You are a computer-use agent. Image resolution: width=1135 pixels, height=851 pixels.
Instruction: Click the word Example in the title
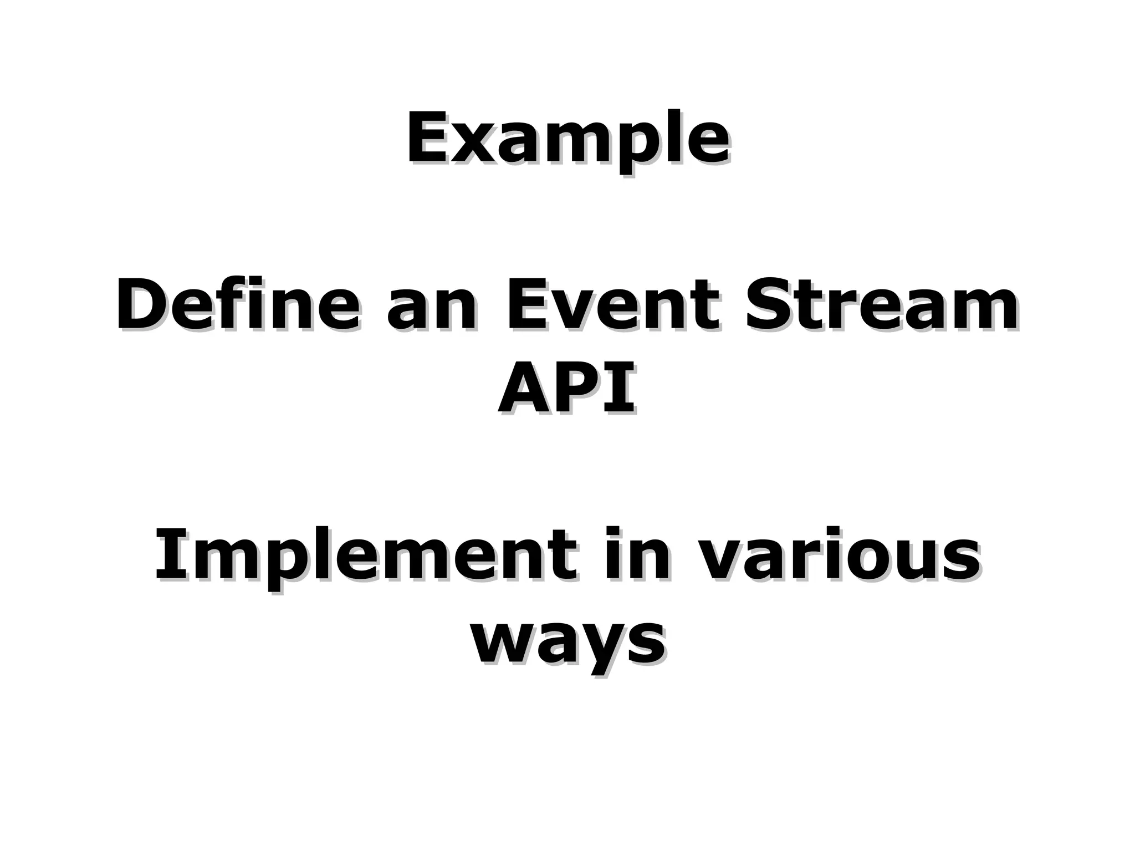[567, 139]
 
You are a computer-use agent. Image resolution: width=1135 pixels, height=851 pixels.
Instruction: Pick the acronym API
[566, 388]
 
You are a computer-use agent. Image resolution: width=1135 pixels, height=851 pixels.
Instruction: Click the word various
[837, 556]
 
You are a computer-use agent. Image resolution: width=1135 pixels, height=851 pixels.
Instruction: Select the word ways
[567, 641]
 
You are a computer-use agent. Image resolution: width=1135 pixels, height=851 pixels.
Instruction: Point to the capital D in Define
[141, 304]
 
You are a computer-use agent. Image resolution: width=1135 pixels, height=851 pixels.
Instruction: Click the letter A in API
[524, 388]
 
